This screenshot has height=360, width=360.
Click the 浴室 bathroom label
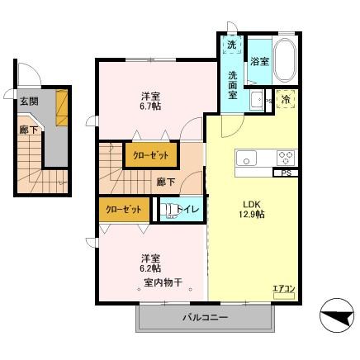pos(259,61)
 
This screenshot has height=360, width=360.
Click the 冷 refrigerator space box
pos(286,100)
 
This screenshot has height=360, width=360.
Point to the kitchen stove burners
pos(286,158)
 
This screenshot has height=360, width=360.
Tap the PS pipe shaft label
pos(285,173)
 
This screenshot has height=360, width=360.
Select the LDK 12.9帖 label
pos(252,209)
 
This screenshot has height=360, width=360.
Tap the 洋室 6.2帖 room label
pos(149,263)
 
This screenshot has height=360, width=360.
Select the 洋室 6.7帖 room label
pos(149,101)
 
